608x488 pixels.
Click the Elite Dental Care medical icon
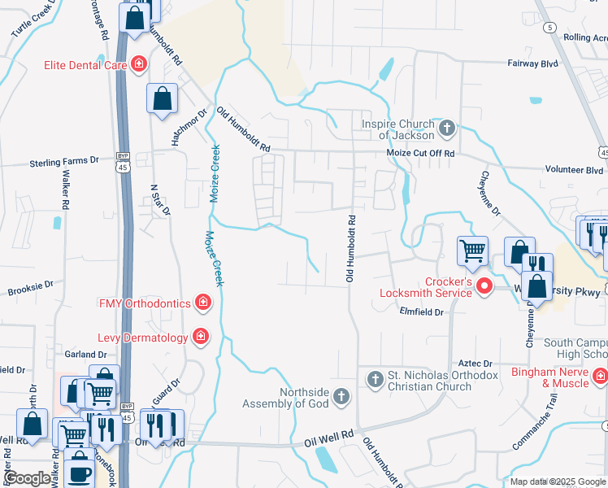[x=139, y=63]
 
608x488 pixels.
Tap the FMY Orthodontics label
[x=145, y=303]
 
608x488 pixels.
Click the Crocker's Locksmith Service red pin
[x=484, y=285]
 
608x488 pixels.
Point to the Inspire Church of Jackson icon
[x=446, y=129]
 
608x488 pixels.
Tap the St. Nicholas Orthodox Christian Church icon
[x=376, y=378]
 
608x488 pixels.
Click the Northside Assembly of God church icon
[x=342, y=397]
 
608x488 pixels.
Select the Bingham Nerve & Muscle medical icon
[x=600, y=376]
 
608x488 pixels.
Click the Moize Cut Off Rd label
[x=419, y=153]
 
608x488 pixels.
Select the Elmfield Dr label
[x=421, y=312]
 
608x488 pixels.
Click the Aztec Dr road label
[x=476, y=364]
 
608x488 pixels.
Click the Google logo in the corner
[x=28, y=478]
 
